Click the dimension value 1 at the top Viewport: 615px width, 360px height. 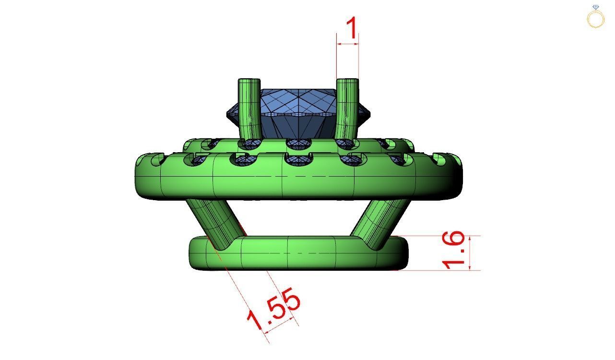352,29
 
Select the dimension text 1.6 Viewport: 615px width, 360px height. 453,250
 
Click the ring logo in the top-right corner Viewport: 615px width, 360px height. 596,17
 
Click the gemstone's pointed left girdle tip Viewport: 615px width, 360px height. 228,114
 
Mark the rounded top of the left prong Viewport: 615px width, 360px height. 249,81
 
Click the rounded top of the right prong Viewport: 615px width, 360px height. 347,81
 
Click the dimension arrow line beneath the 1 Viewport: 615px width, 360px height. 347,44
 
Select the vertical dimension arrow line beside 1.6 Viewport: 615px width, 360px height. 470,252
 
